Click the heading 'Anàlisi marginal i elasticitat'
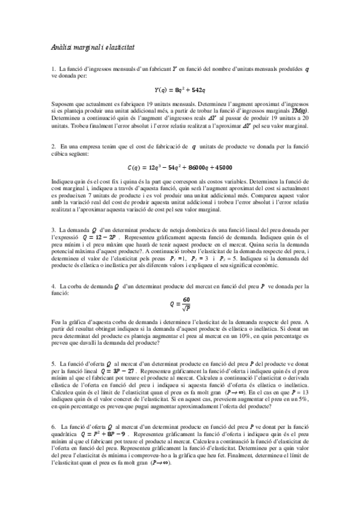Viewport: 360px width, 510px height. (92, 46)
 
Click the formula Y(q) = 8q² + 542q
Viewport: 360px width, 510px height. (180, 90)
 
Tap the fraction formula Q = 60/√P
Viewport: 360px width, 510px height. (179, 304)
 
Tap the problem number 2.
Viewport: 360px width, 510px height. (53, 146)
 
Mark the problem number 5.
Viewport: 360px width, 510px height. (53, 364)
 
